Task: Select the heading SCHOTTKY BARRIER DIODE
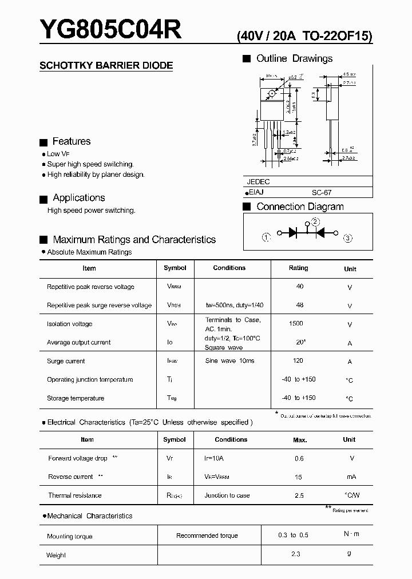[106, 66]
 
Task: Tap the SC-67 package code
[322, 193]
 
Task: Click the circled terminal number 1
[266, 237]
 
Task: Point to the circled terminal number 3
[347, 237]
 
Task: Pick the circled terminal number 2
[315, 222]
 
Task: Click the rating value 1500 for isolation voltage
[296, 324]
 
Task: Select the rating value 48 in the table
[300, 305]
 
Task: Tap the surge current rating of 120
[298, 361]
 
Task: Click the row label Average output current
[78, 343]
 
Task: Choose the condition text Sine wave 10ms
[229, 361]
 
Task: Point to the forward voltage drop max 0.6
[299, 458]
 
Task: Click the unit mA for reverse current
[351, 477]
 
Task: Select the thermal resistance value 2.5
[299, 495]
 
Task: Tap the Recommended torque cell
[207, 536]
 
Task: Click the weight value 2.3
[295, 554]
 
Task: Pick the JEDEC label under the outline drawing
[258, 181]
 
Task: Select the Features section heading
[71, 141]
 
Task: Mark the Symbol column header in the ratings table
[175, 268]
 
